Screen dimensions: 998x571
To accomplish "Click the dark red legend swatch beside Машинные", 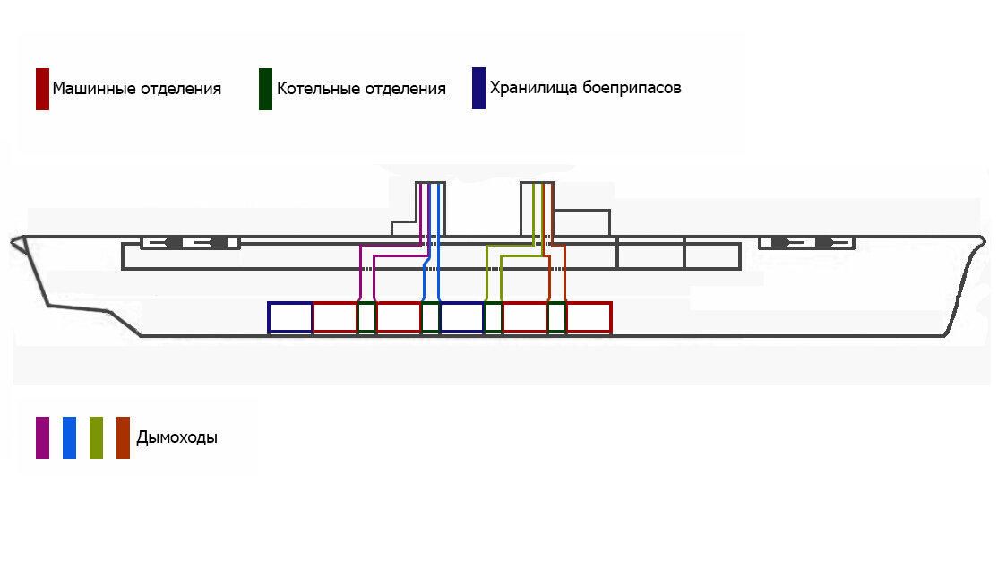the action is point(42,89).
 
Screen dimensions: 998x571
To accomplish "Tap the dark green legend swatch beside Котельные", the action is point(265,89).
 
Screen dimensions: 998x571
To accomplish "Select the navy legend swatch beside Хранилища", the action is point(478,89).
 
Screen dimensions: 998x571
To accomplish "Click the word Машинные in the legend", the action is point(94,89).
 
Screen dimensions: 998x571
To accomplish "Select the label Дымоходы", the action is point(177,438).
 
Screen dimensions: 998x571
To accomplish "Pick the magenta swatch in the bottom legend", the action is point(42,438).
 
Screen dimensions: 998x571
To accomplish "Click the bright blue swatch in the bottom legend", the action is point(69,438).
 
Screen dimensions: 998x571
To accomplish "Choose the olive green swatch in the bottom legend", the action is point(96,438).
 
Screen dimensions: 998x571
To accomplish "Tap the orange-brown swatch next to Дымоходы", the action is point(123,438).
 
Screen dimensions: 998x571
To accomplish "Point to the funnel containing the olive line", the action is point(521,209).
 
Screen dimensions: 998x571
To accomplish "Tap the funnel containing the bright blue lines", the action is point(443,209).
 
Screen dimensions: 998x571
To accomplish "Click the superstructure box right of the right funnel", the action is point(609,223).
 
